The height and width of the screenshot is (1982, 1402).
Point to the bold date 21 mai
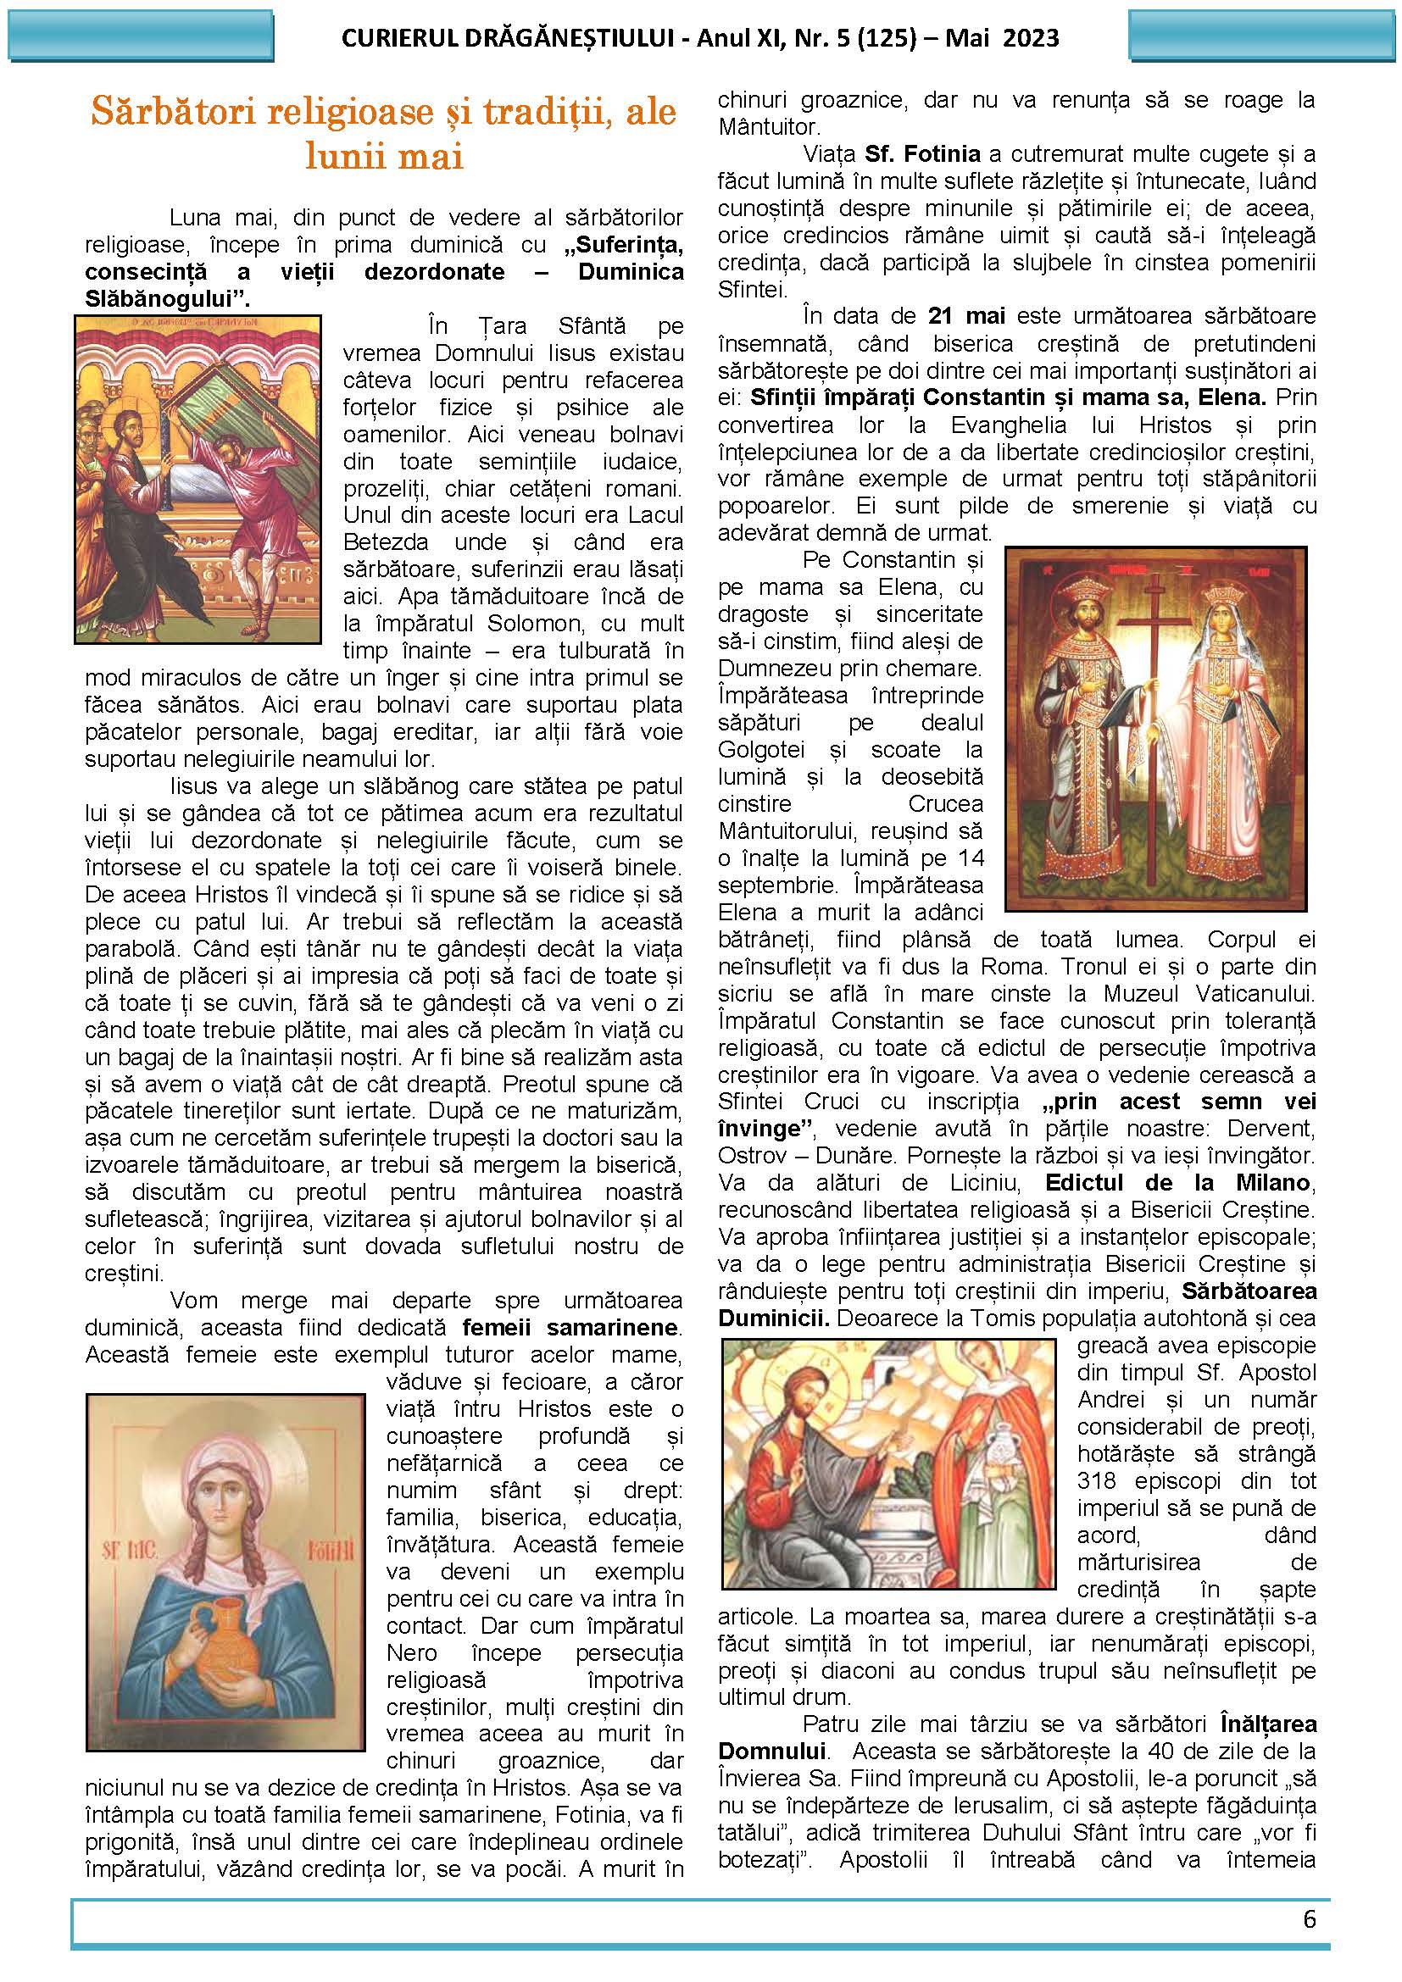coord(967,316)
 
